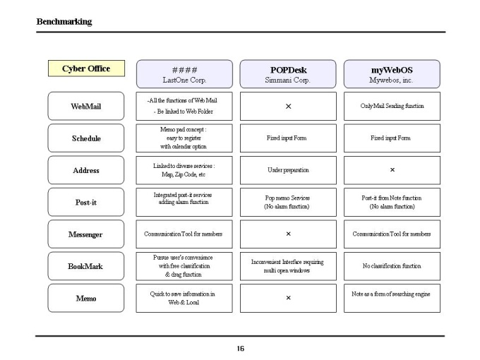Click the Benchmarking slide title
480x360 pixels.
[x=64, y=22]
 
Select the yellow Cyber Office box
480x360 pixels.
[x=86, y=68]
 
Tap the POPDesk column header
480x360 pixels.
[x=288, y=74]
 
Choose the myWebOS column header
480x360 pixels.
[x=392, y=74]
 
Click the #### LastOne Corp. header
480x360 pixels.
[x=184, y=74]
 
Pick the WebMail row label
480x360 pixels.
[x=86, y=106]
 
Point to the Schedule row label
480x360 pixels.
[x=86, y=138]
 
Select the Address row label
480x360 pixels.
[x=86, y=170]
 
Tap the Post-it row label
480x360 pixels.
[x=86, y=202]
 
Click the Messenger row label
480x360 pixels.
[x=86, y=234]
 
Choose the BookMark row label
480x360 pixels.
[x=86, y=266]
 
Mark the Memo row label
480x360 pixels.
[x=86, y=298]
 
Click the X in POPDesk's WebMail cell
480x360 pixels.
[x=289, y=106]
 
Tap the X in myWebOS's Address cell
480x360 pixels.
[x=392, y=169]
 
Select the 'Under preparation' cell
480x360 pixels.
[x=288, y=170]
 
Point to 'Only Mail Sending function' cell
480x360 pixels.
[x=392, y=106]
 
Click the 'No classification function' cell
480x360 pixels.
[x=392, y=266]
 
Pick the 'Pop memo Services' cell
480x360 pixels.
[x=288, y=203]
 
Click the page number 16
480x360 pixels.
[x=241, y=349]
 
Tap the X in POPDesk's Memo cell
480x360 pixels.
[x=289, y=298]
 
